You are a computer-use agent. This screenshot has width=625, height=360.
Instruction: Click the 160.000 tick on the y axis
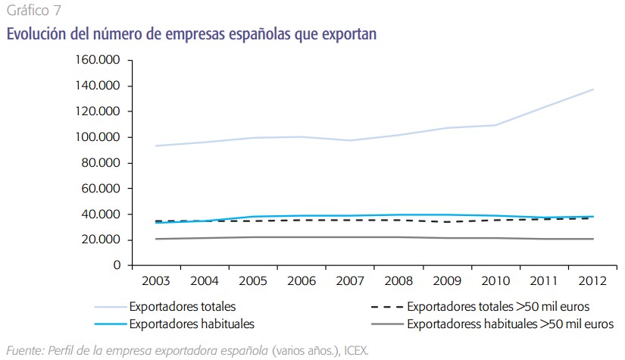coord(100,60)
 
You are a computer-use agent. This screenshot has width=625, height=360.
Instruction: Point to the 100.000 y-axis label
coord(100,137)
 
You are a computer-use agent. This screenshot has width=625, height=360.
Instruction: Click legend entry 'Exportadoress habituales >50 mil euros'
coord(510,324)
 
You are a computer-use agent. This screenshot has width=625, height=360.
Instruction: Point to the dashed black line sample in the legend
coord(386,308)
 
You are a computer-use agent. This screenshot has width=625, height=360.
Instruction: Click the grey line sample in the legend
coord(386,324)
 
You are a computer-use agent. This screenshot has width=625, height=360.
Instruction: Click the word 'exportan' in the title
coord(342,34)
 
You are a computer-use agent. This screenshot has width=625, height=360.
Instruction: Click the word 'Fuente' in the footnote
coord(23,349)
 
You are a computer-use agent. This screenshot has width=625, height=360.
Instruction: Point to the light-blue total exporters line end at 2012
coord(593,89)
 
